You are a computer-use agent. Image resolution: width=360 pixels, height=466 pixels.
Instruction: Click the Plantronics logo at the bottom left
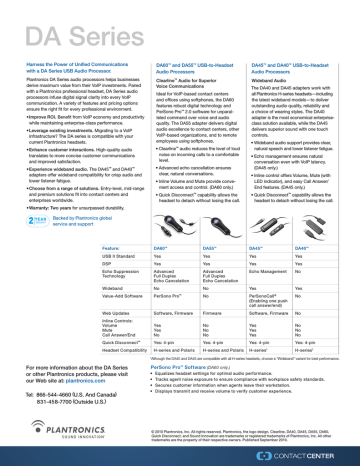pos(44,434)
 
